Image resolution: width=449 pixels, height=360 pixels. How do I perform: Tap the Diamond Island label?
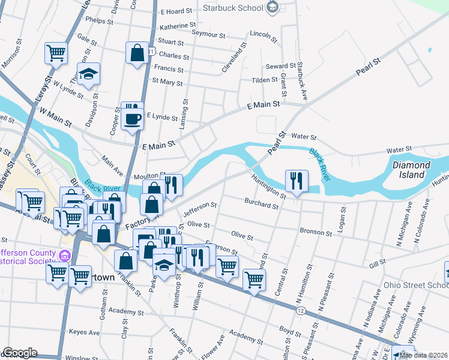click(412, 169)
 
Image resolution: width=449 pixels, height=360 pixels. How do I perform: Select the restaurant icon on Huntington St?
click(297, 181)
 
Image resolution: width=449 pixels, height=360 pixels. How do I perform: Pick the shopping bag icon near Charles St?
click(137, 53)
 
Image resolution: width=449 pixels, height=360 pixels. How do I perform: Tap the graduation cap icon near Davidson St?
click(89, 75)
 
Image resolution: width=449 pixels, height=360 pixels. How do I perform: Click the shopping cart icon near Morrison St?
click(55, 53)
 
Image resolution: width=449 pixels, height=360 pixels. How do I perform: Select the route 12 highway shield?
click(301, 310)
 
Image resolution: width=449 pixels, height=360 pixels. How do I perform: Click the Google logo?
click(20, 353)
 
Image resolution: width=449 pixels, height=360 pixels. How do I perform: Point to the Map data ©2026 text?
click(423, 355)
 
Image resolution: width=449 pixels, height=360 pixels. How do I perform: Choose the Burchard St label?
click(262, 204)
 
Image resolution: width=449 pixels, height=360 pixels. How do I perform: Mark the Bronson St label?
click(316, 232)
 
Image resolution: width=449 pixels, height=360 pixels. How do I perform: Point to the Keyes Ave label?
click(84, 332)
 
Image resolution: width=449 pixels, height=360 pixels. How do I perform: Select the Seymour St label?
click(208, 32)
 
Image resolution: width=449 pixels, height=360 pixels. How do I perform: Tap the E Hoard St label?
click(176, 11)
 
